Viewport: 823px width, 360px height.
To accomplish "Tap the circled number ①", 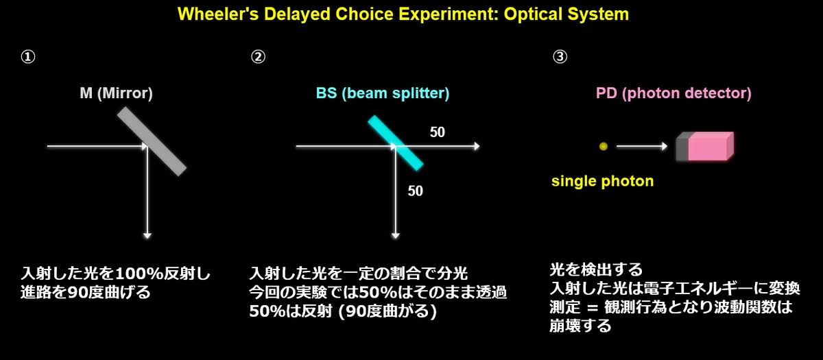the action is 28,57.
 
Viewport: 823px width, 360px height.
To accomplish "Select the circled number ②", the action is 258,57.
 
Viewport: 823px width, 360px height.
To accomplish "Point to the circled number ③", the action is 560,57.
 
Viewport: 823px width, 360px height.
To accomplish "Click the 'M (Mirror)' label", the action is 116,93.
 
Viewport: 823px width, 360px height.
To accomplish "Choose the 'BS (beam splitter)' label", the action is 383,93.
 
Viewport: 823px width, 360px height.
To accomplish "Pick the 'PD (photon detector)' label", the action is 673,93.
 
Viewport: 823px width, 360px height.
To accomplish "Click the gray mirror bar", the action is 152,141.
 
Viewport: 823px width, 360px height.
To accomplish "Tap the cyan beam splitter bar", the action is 395,143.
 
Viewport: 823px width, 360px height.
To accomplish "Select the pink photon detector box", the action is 705,146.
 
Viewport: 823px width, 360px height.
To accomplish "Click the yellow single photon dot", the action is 604,147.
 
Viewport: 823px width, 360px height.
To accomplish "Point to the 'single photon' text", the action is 603,181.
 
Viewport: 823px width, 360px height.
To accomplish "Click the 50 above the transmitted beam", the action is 438,132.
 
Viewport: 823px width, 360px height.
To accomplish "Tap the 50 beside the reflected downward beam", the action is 415,191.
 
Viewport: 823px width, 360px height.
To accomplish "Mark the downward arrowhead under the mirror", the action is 147,236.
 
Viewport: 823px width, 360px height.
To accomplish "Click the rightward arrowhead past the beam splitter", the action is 477,146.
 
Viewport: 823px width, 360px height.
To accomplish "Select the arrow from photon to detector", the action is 642,146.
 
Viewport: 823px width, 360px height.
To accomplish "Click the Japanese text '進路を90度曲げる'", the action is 86,292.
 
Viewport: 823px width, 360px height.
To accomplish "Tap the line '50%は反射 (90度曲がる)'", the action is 343,311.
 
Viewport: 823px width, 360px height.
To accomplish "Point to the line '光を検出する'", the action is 596,269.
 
